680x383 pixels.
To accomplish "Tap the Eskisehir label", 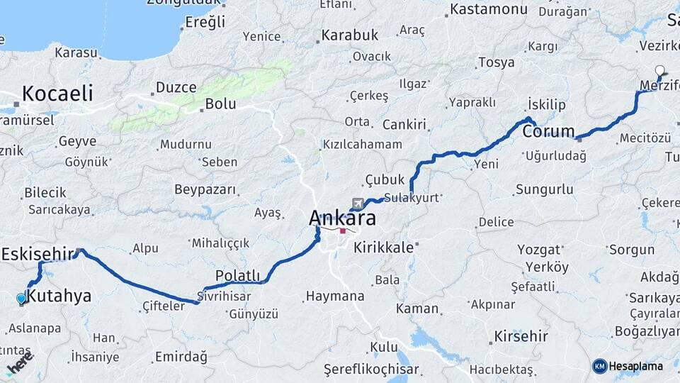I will coord(38,254).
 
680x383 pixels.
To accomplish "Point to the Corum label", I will coord(548,132).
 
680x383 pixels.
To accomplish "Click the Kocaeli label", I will coord(57,93).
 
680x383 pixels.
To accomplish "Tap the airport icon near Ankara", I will coord(356,204).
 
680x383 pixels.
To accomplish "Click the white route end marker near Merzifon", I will coord(660,70).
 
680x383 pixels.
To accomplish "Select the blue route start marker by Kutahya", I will coord(21,299).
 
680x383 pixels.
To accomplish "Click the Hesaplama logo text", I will coord(635,366).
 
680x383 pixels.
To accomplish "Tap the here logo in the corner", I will coord(19,366).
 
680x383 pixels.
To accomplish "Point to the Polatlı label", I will coord(237,275).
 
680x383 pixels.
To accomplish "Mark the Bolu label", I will coord(220,104).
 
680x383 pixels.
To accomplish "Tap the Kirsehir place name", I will coord(521,335).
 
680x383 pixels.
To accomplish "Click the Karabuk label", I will coord(350,35).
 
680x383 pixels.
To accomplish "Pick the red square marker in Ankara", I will coord(343,231).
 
